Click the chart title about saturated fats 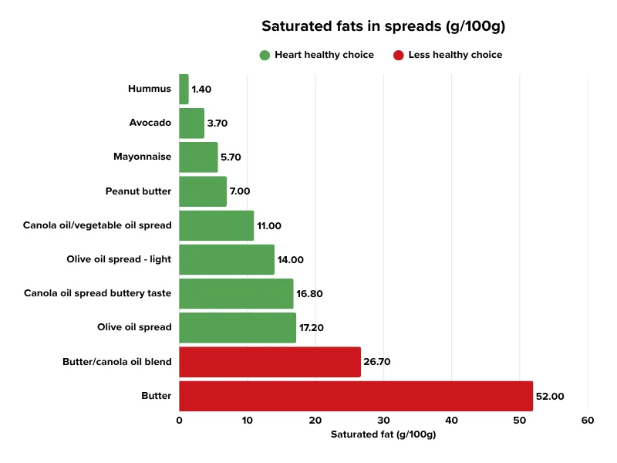[x=383, y=26]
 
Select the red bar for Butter [x=356, y=396]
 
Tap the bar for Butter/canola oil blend [x=269, y=362]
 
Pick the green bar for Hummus [x=184, y=89]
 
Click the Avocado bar [x=191, y=123]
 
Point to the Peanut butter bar [x=203, y=191]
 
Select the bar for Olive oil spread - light [x=227, y=259]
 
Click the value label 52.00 [x=551, y=396]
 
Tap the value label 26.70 [x=379, y=362]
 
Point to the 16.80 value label [x=311, y=293]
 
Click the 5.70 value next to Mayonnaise [x=231, y=157]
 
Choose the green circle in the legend [x=265, y=55]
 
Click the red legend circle [x=398, y=55]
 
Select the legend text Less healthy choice [x=455, y=55]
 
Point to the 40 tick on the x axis [x=451, y=421]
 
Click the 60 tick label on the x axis [x=588, y=421]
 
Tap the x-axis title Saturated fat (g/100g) [x=383, y=434]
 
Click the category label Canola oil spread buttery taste [x=98, y=293]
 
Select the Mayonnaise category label [x=142, y=157]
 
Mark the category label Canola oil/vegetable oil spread [x=98, y=225]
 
